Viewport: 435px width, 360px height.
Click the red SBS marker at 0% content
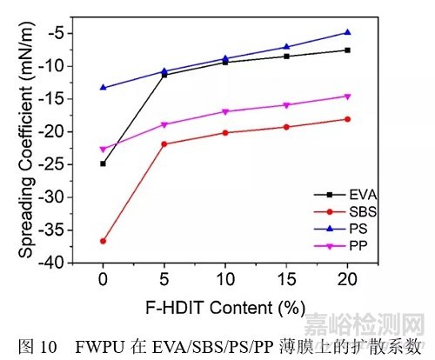click(103, 241)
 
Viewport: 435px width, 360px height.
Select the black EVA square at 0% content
click(103, 163)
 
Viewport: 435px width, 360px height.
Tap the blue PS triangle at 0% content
click(103, 87)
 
